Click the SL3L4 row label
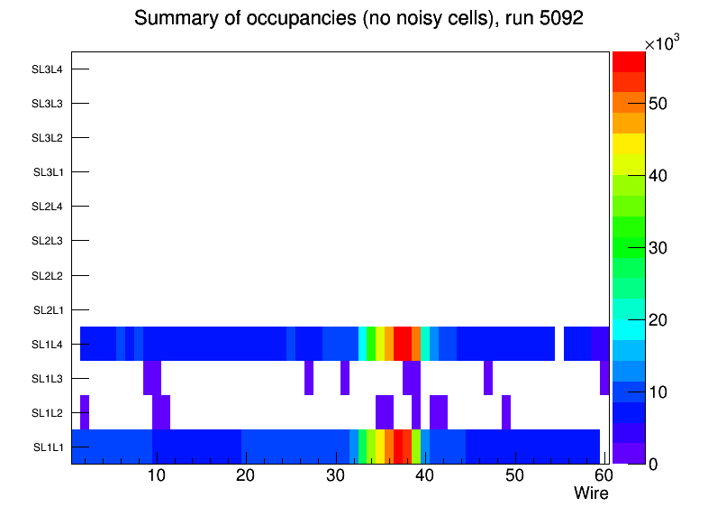pyautogui.click(x=47, y=69)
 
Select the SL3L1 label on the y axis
pyautogui.click(x=47, y=172)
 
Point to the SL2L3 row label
pyautogui.click(x=47, y=241)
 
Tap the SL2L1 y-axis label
pyautogui.click(x=47, y=310)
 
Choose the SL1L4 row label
pyautogui.click(x=47, y=345)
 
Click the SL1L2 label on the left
pyautogui.click(x=47, y=413)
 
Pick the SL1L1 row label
pyautogui.click(x=47, y=447)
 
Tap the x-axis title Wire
pyautogui.click(x=591, y=493)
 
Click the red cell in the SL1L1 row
pyautogui.click(x=398, y=447)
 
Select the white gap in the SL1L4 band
pyautogui.click(x=558, y=344)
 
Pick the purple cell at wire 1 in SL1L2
pyautogui.click(x=85, y=412)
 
